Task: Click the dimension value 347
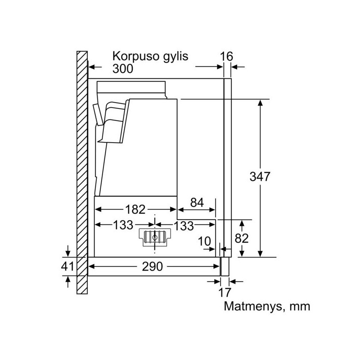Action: click(x=260, y=176)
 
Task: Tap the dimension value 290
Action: click(x=152, y=266)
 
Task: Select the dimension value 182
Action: click(x=135, y=209)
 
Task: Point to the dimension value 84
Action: click(x=197, y=203)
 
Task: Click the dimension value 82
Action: click(x=242, y=238)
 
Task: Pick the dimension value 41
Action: click(x=67, y=266)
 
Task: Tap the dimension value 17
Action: click(x=224, y=292)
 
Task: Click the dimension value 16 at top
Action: click(x=226, y=57)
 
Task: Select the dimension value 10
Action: click(x=204, y=241)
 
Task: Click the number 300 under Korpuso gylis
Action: click(x=122, y=68)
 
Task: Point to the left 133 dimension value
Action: click(x=123, y=225)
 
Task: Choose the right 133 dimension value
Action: click(x=184, y=226)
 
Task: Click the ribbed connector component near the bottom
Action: click(x=155, y=238)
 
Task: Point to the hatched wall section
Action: click(x=82, y=172)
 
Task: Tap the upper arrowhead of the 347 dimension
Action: click(x=260, y=103)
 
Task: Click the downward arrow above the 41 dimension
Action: click(x=68, y=251)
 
